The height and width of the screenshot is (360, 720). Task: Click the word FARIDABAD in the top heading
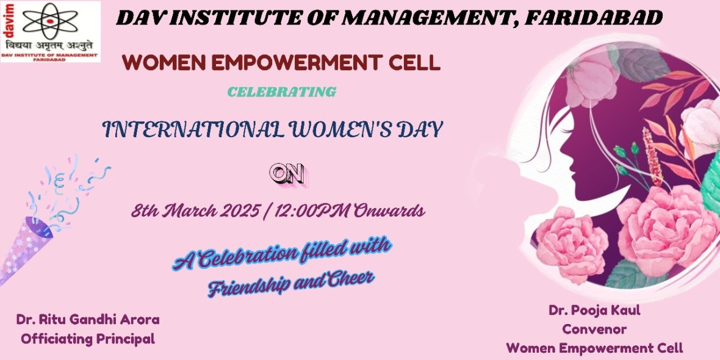click(593, 18)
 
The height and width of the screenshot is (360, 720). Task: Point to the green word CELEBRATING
click(282, 92)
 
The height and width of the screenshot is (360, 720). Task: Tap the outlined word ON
click(289, 175)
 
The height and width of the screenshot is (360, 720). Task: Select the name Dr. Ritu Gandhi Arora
click(88, 320)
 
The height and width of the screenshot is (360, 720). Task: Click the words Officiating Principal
click(88, 340)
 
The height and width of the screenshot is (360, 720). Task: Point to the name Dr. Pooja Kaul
click(594, 310)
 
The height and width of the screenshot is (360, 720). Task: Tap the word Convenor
click(594, 329)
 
